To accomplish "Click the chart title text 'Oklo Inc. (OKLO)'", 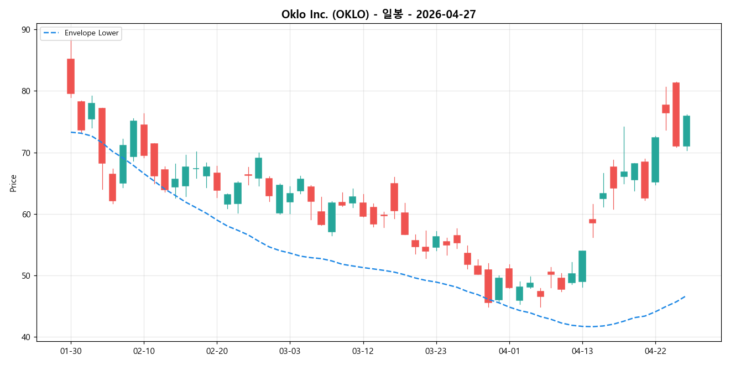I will [325, 14].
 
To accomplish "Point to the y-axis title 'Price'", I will [13, 183].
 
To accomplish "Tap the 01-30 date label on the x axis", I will [71, 351].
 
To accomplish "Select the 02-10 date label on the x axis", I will [144, 351].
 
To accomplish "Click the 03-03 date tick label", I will [290, 351].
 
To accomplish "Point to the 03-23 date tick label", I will [436, 351].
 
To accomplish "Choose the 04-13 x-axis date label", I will [582, 351].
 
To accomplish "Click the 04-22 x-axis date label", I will [655, 351].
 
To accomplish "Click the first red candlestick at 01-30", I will [71, 76].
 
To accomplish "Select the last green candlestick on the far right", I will [686, 131].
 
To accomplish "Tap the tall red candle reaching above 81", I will [676, 114].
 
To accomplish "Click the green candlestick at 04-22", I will [655, 160].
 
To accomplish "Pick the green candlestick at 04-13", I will [582, 266].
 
